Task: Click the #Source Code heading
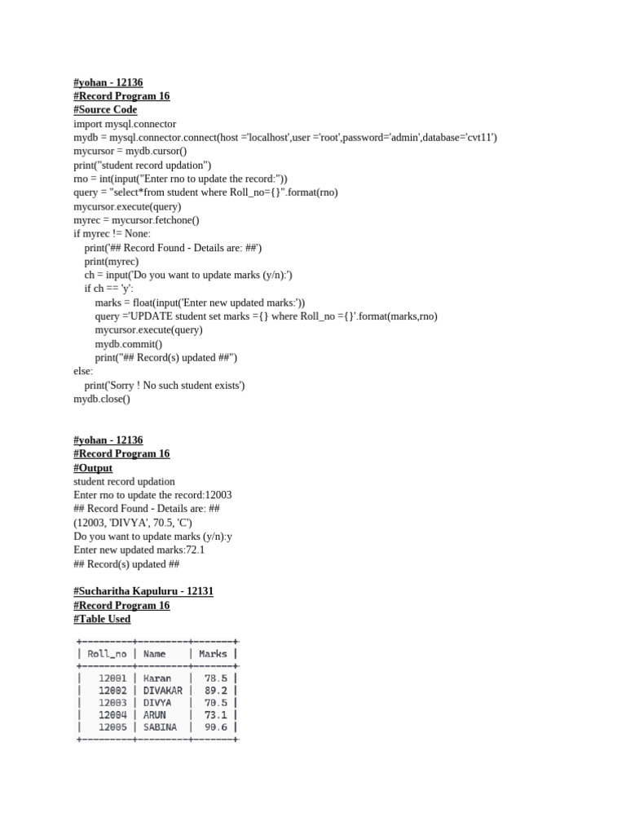click(x=105, y=110)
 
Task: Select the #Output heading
click(x=93, y=468)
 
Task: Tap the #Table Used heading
click(x=102, y=619)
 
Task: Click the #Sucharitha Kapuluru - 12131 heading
click(x=143, y=591)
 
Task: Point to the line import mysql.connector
click(x=125, y=124)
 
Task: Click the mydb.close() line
click(x=102, y=399)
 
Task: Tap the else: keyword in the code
click(x=83, y=371)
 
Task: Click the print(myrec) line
click(x=112, y=262)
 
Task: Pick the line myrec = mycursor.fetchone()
click(x=136, y=220)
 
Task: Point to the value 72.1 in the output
click(x=196, y=550)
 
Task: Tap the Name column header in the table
click(x=154, y=653)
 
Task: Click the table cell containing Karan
click(x=157, y=678)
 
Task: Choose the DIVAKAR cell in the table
click(x=162, y=691)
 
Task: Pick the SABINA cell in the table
click(x=160, y=727)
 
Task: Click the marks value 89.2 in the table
click(x=216, y=691)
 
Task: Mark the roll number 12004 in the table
click(x=112, y=715)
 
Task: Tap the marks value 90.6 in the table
click(x=216, y=727)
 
